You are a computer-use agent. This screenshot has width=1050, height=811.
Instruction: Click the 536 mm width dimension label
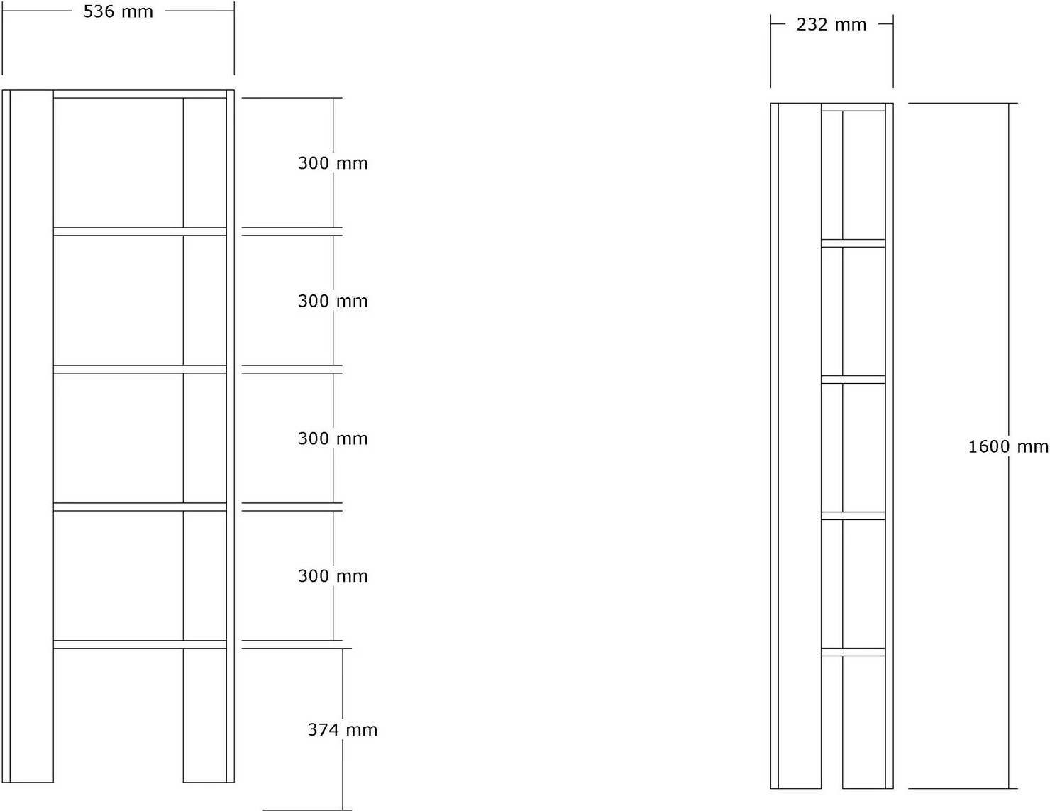point(118,11)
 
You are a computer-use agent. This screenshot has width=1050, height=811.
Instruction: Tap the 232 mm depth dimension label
point(831,25)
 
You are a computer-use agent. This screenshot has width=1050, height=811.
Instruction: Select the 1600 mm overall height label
point(1008,447)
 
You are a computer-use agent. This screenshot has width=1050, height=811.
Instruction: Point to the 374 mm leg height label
point(343,730)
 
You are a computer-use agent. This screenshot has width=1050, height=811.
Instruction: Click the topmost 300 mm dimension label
point(333,163)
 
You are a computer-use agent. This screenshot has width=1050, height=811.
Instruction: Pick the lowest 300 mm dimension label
point(333,575)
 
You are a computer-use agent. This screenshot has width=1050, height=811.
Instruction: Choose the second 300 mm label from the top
point(333,302)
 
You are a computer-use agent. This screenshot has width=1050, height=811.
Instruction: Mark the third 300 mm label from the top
point(333,438)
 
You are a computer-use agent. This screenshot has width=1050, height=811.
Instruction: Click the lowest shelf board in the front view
point(140,644)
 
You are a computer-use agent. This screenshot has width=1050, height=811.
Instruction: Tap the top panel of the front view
point(140,94)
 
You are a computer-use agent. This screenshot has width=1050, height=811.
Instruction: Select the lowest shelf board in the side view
point(853,652)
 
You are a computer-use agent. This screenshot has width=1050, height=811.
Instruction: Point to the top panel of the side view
point(853,107)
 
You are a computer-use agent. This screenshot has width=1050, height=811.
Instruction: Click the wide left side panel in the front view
point(31,436)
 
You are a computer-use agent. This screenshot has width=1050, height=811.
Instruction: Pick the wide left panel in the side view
point(800,446)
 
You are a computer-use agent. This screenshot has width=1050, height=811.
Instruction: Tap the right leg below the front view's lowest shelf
point(205,715)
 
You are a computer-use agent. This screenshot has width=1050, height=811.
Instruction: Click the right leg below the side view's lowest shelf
point(864,722)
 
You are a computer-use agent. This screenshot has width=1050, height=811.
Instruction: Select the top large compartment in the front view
point(118,162)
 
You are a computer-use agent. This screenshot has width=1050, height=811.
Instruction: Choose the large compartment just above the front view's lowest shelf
point(118,575)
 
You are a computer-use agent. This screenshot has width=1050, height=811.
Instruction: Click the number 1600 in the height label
point(988,447)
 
